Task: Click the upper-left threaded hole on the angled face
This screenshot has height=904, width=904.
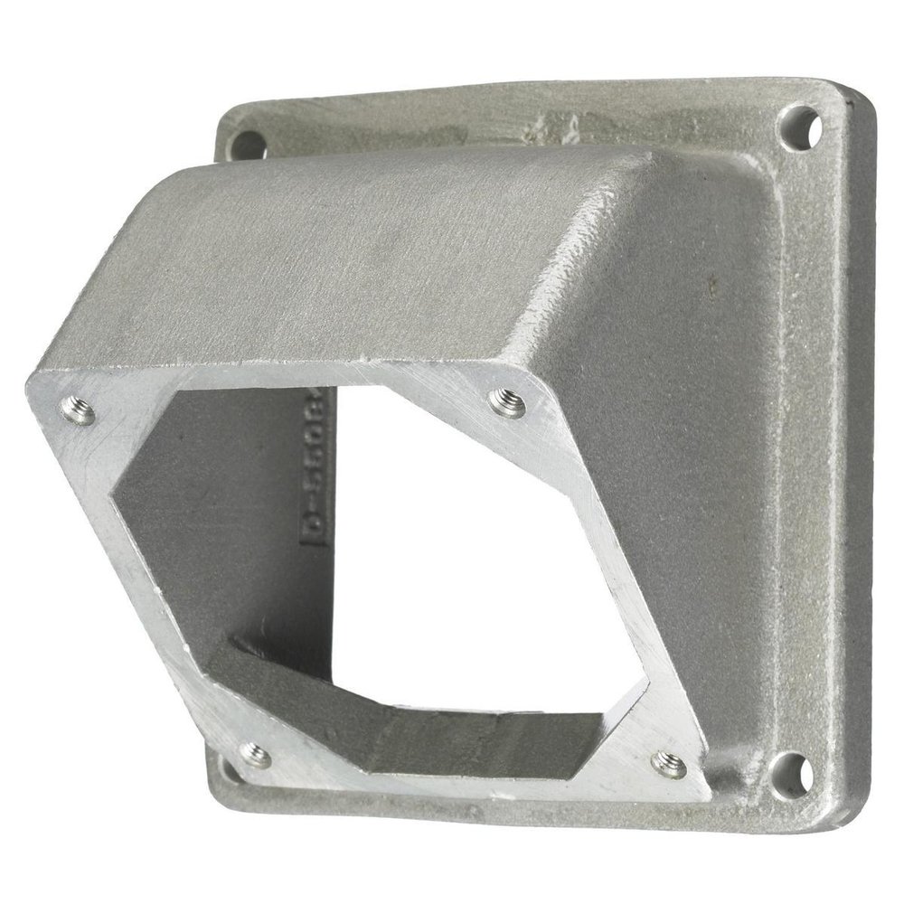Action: pos(80,411)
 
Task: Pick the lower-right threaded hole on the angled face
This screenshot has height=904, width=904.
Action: pos(669,764)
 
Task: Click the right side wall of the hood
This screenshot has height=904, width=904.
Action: pos(669,452)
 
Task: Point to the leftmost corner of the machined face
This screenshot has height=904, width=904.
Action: pos(32,384)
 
